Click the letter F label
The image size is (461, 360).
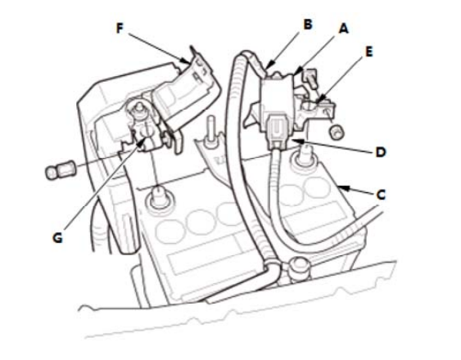point(120,29)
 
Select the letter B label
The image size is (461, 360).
point(308,24)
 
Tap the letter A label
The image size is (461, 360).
point(343,29)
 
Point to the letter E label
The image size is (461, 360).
point(368,52)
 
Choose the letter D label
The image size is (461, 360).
point(381,152)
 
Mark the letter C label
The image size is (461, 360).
point(381,195)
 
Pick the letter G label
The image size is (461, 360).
point(57,238)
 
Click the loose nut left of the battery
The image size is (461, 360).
point(61,172)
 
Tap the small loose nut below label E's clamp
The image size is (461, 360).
point(337,131)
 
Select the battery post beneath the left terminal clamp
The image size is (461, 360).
point(160,197)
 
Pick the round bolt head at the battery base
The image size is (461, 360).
point(300,268)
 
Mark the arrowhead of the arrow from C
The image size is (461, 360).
point(343,187)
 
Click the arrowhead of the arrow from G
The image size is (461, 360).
point(142,142)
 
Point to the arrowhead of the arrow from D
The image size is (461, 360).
point(297,142)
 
